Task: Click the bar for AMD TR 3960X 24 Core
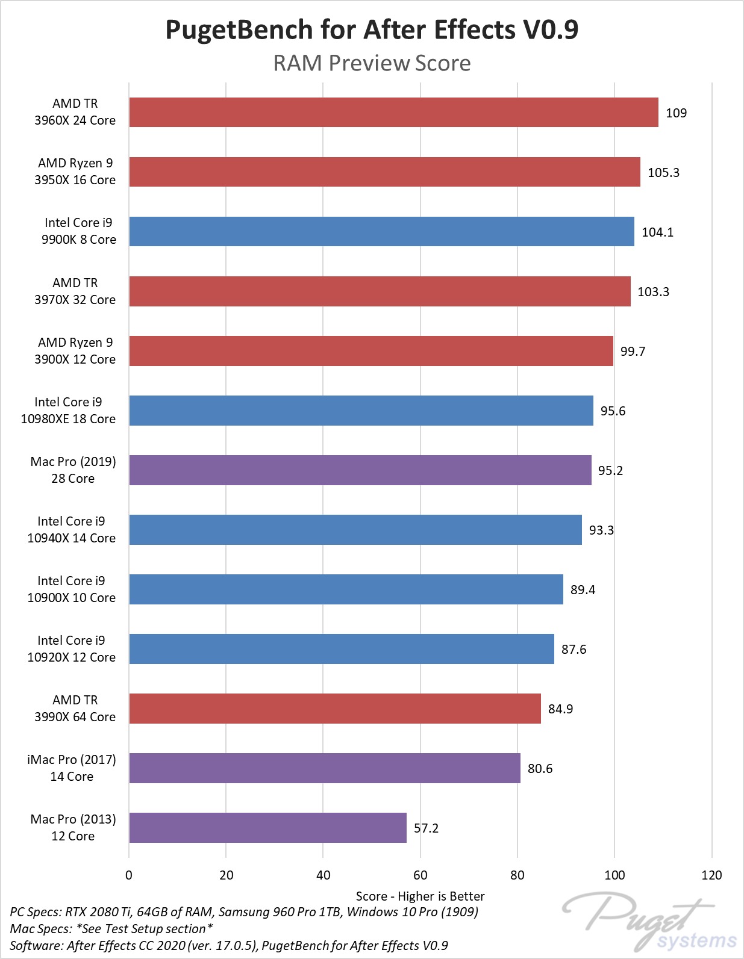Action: pyautogui.click(x=393, y=113)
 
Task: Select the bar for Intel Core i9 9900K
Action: pyautogui.click(x=381, y=232)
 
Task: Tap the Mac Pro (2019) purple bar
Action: pyautogui.click(x=360, y=470)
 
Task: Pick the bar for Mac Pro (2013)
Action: pyautogui.click(x=267, y=828)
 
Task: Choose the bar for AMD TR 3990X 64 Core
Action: pyautogui.click(x=335, y=709)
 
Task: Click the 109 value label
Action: pyautogui.click(x=676, y=113)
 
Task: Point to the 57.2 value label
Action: pyautogui.click(x=426, y=828)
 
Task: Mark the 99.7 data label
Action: pyautogui.click(x=633, y=352)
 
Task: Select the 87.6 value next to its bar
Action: pyautogui.click(x=574, y=650)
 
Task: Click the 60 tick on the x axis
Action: pyautogui.click(x=420, y=875)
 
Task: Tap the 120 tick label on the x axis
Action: pyautogui.click(x=711, y=875)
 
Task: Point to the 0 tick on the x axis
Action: pyautogui.click(x=129, y=875)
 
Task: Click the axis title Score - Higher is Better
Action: pyautogui.click(x=420, y=896)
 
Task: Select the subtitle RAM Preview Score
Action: pyautogui.click(x=372, y=63)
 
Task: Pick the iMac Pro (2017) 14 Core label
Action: pyautogui.click(x=72, y=768)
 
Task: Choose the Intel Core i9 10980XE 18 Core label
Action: pyautogui.click(x=68, y=411)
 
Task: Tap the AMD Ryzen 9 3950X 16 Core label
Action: pyautogui.click(x=75, y=172)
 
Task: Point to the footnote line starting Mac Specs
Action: pyautogui.click(x=111, y=929)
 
